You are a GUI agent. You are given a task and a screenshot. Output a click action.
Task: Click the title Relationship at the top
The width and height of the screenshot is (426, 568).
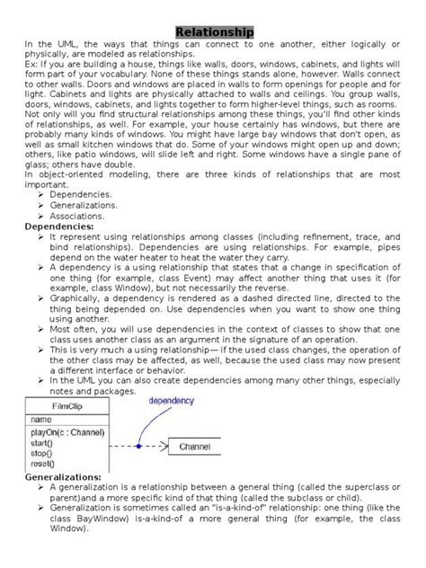[x=214, y=31]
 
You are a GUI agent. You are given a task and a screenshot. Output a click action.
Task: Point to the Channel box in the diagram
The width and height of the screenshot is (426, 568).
[x=194, y=446]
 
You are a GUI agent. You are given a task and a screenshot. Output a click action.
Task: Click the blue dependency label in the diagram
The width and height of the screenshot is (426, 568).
[x=170, y=401]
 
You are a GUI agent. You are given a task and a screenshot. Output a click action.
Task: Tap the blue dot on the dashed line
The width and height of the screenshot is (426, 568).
[x=139, y=445]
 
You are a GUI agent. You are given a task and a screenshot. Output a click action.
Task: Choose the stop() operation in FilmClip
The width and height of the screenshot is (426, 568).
[x=42, y=453]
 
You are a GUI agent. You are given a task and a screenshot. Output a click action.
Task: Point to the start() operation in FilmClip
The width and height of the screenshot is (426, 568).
[x=43, y=443]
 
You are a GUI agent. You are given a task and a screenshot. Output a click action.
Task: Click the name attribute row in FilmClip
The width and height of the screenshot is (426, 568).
[x=41, y=419]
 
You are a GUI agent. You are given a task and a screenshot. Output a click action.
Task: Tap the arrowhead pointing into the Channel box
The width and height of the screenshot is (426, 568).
[x=166, y=446]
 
